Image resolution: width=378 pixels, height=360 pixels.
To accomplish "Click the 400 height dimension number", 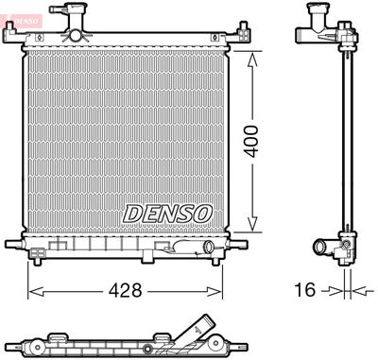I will tap(272, 141).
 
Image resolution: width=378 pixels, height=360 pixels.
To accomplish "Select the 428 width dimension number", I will tap(123, 291).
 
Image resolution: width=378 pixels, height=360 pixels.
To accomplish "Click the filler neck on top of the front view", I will tap(74, 27).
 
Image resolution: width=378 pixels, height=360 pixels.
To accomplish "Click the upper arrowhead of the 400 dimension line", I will tap(251, 55).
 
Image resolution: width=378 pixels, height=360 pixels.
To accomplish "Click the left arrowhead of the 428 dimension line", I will tap(30, 290).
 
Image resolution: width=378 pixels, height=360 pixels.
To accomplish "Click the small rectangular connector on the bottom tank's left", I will tap(39, 252).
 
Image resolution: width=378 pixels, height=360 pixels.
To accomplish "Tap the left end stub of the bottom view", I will tap(11, 341).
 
